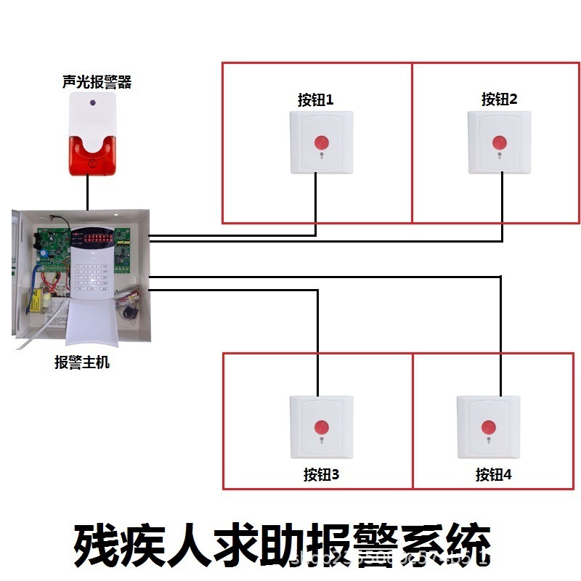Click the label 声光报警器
[x=97, y=81]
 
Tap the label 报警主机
[x=82, y=362]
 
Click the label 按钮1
[x=315, y=99]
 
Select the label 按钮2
[x=499, y=99]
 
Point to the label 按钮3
[x=321, y=475]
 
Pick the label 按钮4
[x=494, y=475]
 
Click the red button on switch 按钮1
[x=321, y=142]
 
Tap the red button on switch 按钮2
[x=499, y=142]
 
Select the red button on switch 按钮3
[x=320, y=426]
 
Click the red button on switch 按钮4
[x=488, y=426]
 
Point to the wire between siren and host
[x=88, y=192]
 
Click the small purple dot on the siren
[x=92, y=104]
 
